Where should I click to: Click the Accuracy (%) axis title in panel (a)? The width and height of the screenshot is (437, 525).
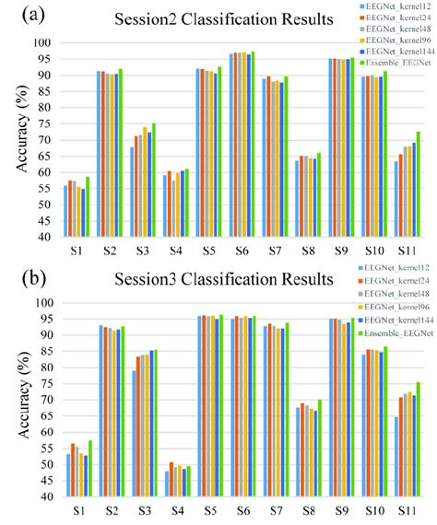point(13,138)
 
